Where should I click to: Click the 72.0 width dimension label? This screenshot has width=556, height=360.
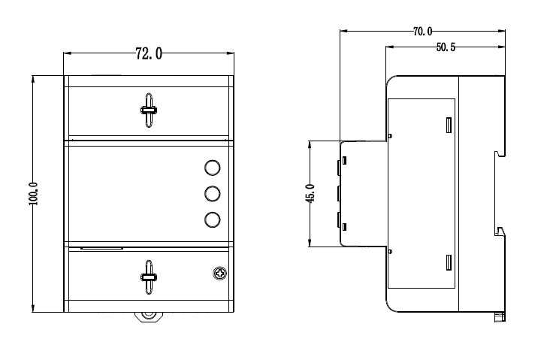(149, 53)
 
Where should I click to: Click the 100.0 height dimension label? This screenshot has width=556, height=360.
(33, 194)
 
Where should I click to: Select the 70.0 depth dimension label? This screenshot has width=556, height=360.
(423, 32)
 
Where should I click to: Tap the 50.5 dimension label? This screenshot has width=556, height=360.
(446, 47)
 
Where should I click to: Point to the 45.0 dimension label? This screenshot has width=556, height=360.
(310, 193)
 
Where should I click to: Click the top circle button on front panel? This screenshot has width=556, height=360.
(213, 168)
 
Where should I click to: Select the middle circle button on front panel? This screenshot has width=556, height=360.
(213, 194)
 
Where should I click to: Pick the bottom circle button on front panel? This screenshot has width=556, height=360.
(213, 220)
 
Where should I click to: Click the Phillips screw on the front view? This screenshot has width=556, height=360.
(220, 274)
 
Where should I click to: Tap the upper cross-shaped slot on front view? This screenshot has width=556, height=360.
(149, 110)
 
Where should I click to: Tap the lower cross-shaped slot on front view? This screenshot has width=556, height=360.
(149, 277)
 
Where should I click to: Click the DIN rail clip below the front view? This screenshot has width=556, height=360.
(149, 316)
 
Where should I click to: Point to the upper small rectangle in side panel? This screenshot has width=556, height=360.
(449, 126)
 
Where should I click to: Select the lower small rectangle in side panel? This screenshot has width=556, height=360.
(449, 262)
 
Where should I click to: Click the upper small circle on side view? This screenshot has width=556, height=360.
(391, 136)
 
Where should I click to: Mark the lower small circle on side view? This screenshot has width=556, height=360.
(391, 252)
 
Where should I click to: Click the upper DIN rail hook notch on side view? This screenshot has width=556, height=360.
(500, 153)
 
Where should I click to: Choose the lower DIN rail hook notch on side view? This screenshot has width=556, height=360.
(500, 231)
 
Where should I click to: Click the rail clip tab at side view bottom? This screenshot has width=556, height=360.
(500, 316)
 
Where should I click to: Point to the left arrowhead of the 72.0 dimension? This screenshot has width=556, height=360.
(68, 53)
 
